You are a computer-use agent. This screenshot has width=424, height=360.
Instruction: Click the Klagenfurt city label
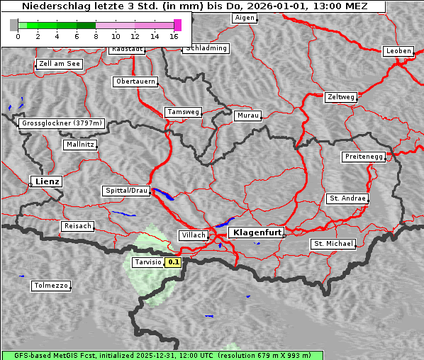click(257, 232)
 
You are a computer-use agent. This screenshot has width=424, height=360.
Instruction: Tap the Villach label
click(192, 235)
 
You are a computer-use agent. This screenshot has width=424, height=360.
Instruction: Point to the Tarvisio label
click(147, 262)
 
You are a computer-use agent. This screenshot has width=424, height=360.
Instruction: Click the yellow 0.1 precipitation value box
click(174, 262)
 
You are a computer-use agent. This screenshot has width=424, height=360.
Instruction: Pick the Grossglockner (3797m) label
click(62, 123)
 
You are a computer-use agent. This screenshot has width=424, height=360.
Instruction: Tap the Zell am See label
click(60, 64)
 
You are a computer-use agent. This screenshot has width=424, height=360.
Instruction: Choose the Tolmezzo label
click(50, 286)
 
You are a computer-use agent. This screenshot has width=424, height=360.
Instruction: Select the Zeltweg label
click(340, 96)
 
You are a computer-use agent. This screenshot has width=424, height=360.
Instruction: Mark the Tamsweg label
click(184, 112)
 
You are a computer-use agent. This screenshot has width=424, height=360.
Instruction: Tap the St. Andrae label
click(347, 198)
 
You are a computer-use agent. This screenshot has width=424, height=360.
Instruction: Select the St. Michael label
click(333, 244)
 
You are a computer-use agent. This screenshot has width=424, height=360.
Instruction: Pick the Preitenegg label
click(364, 157)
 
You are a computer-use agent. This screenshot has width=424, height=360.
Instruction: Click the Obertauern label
click(135, 81)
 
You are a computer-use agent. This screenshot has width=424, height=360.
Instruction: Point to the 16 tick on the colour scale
click(174, 36)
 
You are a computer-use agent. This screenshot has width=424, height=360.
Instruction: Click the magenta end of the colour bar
click(177, 25)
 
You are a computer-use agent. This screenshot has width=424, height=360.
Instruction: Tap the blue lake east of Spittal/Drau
click(163, 193)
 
